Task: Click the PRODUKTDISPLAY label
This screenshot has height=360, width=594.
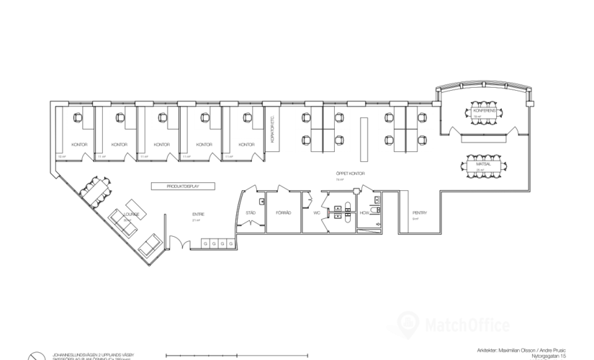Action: pyautogui.click(x=183, y=186)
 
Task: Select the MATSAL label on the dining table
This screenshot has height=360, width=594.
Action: pyautogui.click(x=483, y=165)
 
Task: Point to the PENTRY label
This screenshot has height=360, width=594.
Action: pyautogui.click(x=420, y=213)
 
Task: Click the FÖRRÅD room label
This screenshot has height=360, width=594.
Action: pyautogui.click(x=282, y=213)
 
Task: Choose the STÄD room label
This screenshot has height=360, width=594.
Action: pyautogui.click(x=251, y=213)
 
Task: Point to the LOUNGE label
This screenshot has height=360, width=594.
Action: pyautogui.click(x=130, y=214)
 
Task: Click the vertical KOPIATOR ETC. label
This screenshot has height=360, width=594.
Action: pyautogui.click(x=273, y=130)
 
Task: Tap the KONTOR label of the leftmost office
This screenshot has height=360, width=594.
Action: pyautogui.click(x=80, y=144)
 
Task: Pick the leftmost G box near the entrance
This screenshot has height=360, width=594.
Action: pyautogui.click(x=205, y=245)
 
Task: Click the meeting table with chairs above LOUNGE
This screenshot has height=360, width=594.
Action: pyautogui.click(x=95, y=189)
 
